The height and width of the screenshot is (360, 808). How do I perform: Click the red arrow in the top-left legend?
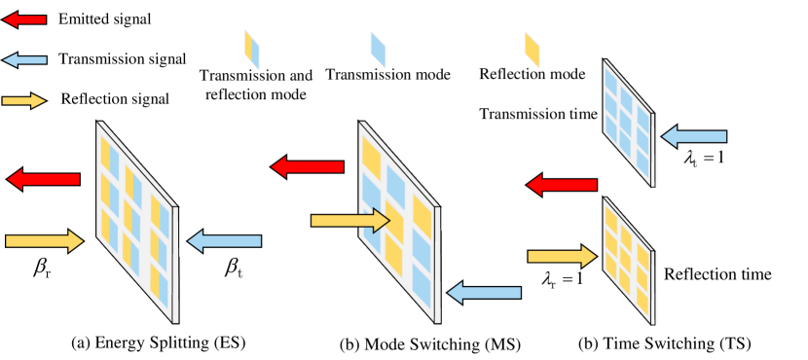click(x=24, y=19)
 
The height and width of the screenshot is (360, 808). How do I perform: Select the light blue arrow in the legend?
click(x=24, y=60)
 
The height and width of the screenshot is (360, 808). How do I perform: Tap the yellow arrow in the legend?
click(x=24, y=101)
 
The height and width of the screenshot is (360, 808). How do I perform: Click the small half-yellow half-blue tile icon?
click(x=252, y=50)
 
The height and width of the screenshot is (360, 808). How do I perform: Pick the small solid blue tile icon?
click(x=378, y=50)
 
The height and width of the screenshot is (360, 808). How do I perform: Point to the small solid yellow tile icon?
click(x=532, y=50)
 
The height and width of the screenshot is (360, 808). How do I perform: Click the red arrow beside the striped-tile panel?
click(x=44, y=179)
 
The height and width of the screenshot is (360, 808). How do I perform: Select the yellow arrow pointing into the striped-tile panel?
click(x=44, y=241)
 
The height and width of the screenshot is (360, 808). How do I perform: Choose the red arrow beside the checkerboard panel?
click(x=307, y=167)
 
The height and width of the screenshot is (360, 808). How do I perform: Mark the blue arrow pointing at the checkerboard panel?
click(x=484, y=293)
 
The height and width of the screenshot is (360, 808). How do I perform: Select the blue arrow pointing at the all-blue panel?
click(x=694, y=136)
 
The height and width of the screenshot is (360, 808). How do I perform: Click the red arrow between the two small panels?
click(x=562, y=185)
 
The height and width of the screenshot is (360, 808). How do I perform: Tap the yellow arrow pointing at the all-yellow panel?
click(x=562, y=257)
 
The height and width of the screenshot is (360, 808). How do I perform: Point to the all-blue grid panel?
click(x=628, y=123)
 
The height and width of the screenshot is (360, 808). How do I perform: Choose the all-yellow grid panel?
click(x=628, y=261)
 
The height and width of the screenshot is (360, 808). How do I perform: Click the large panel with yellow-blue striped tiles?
click(x=136, y=222)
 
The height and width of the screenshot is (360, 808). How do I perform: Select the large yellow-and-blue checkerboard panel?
click(x=399, y=222)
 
